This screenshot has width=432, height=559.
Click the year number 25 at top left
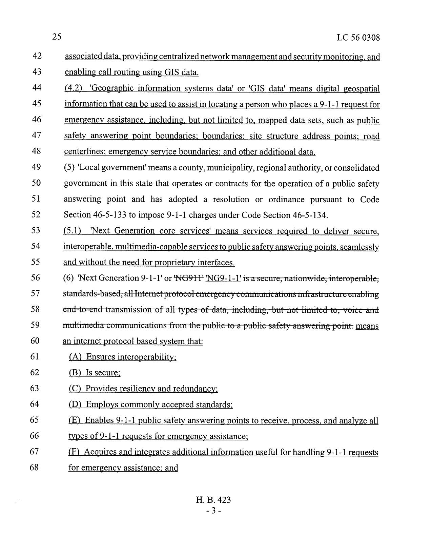pyautogui.click(x=57, y=37)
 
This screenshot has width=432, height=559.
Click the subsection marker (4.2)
pyautogui.click(x=74, y=89)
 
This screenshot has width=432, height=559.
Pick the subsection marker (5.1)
pyautogui.click(x=72, y=231)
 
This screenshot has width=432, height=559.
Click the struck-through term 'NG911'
pyautogui.click(x=189, y=278)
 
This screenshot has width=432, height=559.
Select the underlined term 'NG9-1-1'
pyautogui.click(x=224, y=278)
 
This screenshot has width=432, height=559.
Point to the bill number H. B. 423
pyautogui.click(x=213, y=500)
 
